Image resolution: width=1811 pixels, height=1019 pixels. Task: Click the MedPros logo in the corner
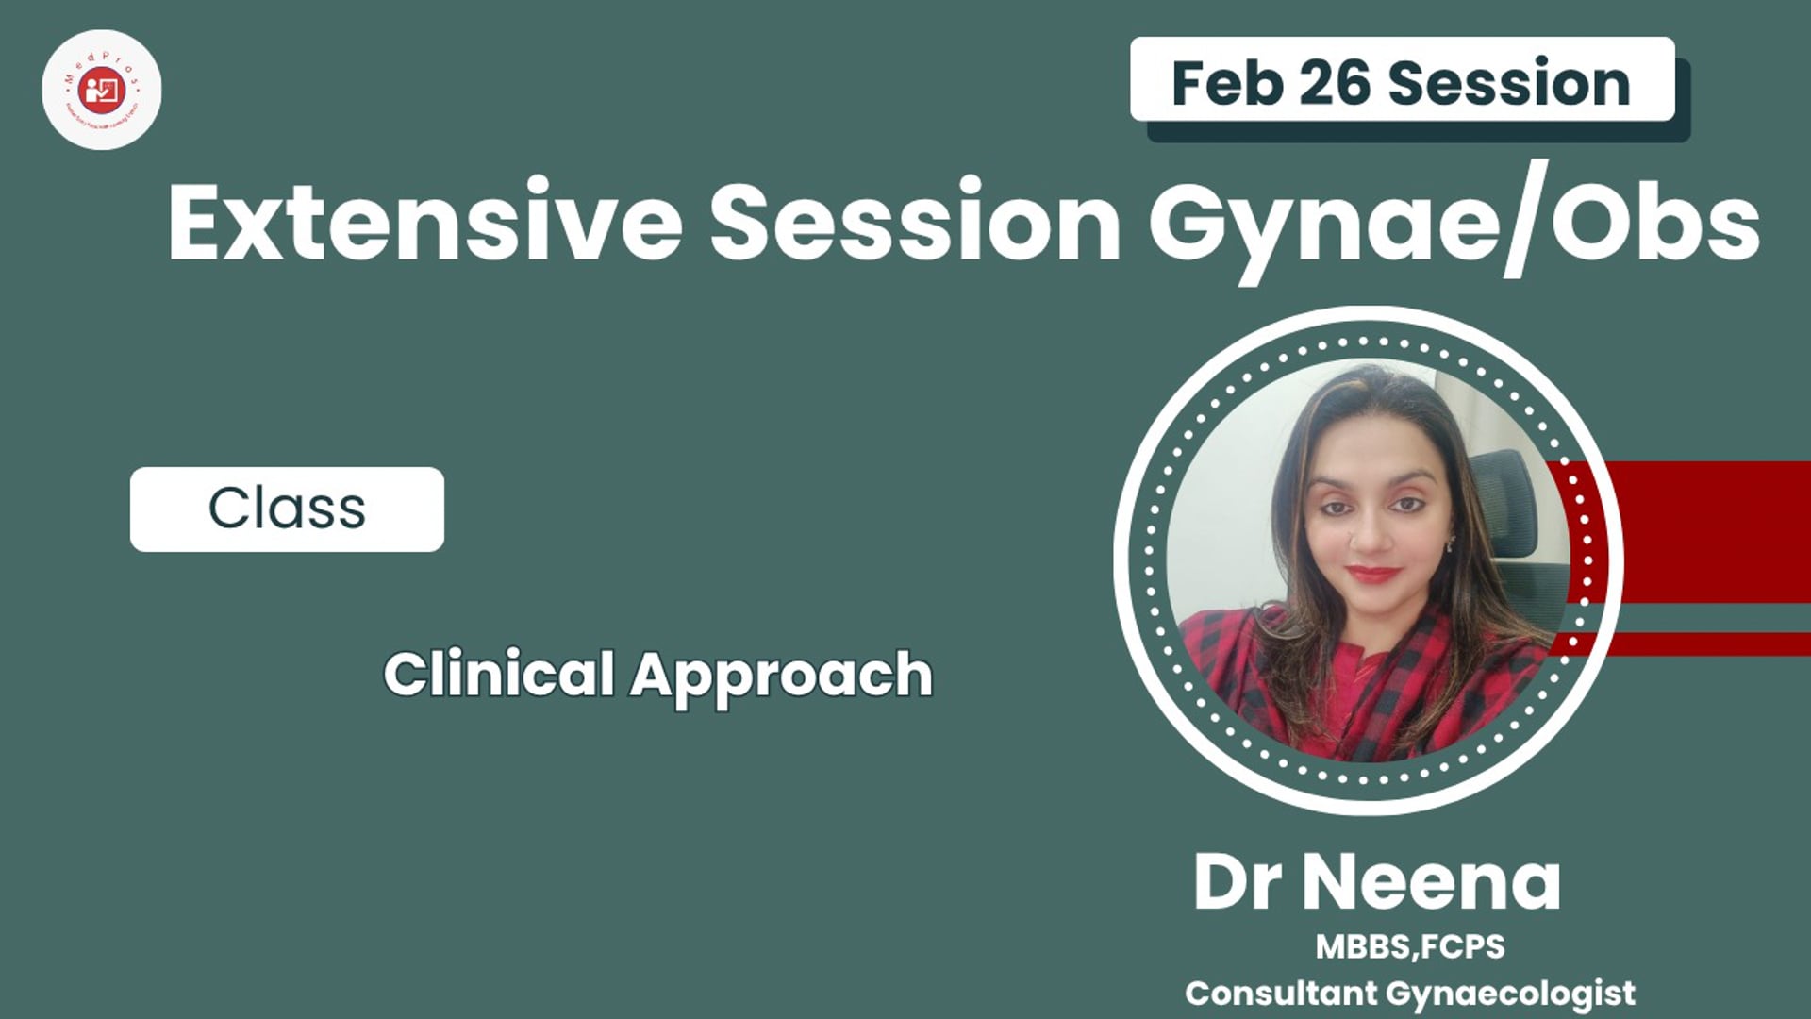tap(102, 90)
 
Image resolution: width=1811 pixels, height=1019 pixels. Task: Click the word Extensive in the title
tap(424, 225)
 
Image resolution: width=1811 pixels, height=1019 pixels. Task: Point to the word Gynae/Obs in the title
tap(1453, 225)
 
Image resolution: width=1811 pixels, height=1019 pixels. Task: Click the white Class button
tap(287, 509)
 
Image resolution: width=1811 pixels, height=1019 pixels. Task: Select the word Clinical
tap(499, 675)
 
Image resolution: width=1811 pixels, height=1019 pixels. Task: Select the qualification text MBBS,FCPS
tap(1410, 946)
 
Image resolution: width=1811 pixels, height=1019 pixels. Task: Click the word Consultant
tap(1281, 993)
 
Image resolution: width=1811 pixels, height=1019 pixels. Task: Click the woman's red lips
tap(1372, 573)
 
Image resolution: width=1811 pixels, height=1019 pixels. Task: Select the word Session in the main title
tap(915, 225)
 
